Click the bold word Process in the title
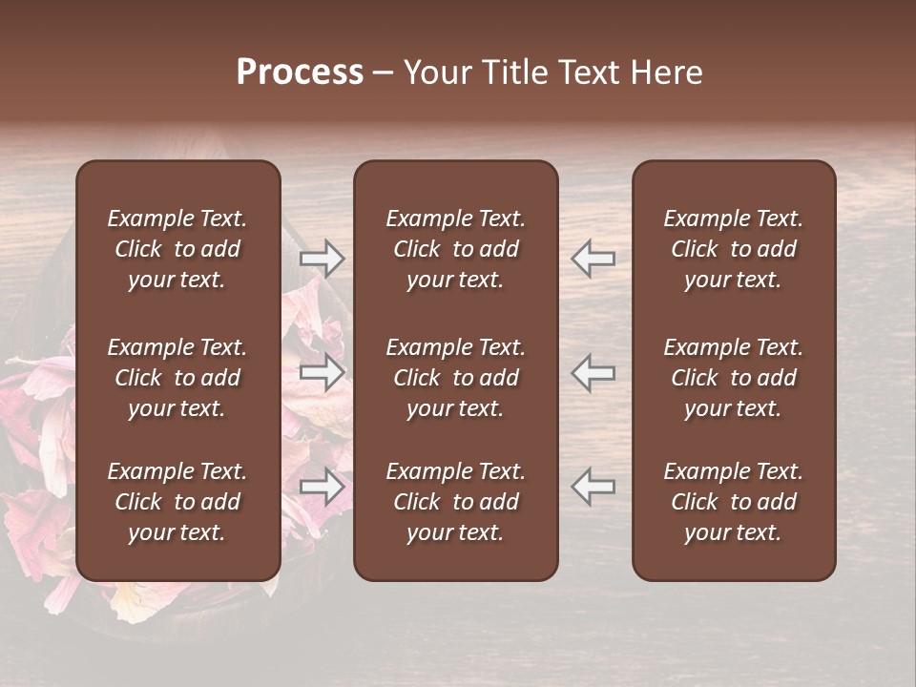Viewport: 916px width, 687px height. click(x=300, y=73)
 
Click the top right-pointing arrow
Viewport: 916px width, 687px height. click(x=322, y=258)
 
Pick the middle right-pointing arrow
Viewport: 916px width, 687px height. click(x=322, y=373)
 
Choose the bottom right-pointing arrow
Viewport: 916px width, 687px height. click(x=322, y=487)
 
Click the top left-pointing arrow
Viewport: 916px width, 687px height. click(x=593, y=258)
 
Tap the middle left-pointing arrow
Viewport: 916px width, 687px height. click(x=593, y=373)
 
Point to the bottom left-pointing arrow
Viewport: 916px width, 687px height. click(x=593, y=487)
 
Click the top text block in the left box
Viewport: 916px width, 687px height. click(x=177, y=249)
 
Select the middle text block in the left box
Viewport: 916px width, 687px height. click(x=177, y=378)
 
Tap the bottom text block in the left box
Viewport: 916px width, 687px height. click(x=177, y=502)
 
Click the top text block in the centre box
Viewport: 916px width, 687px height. click(x=455, y=249)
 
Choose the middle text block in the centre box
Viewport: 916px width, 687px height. click(x=455, y=378)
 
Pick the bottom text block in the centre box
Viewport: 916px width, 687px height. click(x=455, y=502)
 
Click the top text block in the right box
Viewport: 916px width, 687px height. click(x=733, y=249)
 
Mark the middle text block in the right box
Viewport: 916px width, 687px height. click(x=733, y=378)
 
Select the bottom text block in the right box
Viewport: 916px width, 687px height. click(x=733, y=502)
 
